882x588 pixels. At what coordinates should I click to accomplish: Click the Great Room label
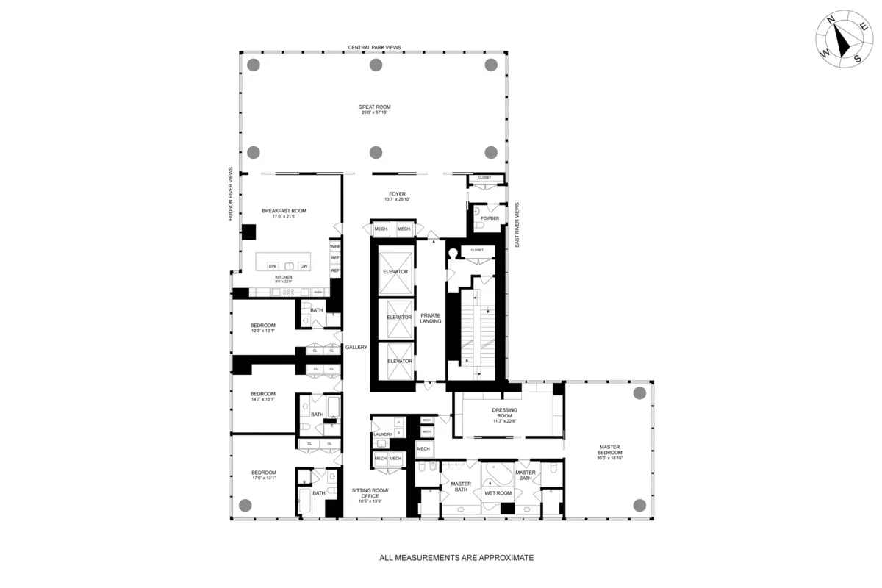[x=374, y=107]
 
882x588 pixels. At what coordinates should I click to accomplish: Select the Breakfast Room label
[x=284, y=211]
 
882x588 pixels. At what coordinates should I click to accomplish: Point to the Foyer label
[x=398, y=194]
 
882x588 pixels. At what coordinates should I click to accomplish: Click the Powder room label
[x=490, y=218]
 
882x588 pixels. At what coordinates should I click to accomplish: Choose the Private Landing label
[x=430, y=318]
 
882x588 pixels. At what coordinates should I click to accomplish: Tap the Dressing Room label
[x=505, y=410]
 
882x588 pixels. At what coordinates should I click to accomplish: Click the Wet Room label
[x=498, y=493]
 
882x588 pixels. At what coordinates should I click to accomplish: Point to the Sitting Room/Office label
[x=365, y=493]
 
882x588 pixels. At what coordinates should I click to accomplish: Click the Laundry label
[x=382, y=434]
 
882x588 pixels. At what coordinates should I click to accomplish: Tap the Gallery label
[x=356, y=348]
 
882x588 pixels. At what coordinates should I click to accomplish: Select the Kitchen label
[x=284, y=277]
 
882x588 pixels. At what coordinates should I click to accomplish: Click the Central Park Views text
[x=374, y=47]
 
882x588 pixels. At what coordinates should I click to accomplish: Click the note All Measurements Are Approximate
[x=456, y=558]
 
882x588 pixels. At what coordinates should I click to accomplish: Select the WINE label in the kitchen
[x=335, y=246]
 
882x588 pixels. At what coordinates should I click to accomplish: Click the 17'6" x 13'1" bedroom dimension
[x=263, y=478]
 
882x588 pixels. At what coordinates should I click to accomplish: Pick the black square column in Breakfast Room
[x=248, y=232]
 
